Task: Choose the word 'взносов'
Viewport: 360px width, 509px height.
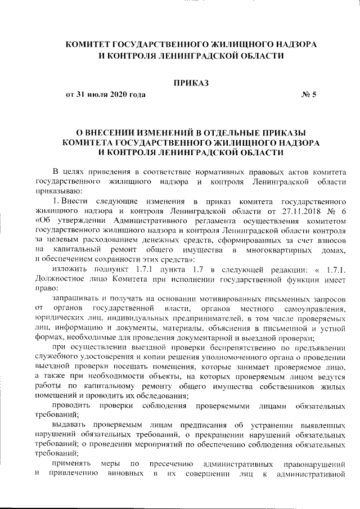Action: click(x=333, y=239)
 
